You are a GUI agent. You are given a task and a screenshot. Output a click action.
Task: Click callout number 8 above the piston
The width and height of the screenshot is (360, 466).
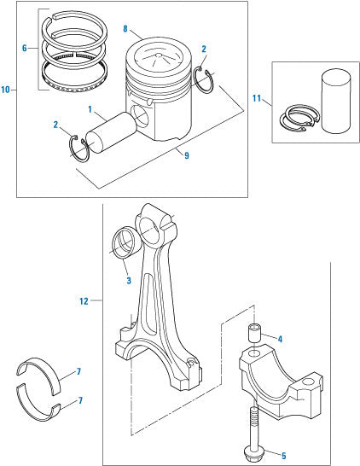point(125,30)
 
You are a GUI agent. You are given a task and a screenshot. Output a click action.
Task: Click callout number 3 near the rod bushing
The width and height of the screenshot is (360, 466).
point(126,280)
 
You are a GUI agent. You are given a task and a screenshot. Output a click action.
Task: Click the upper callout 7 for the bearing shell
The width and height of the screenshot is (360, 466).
point(79,371)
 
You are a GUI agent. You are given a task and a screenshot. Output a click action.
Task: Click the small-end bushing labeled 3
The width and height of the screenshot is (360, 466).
point(124,242)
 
